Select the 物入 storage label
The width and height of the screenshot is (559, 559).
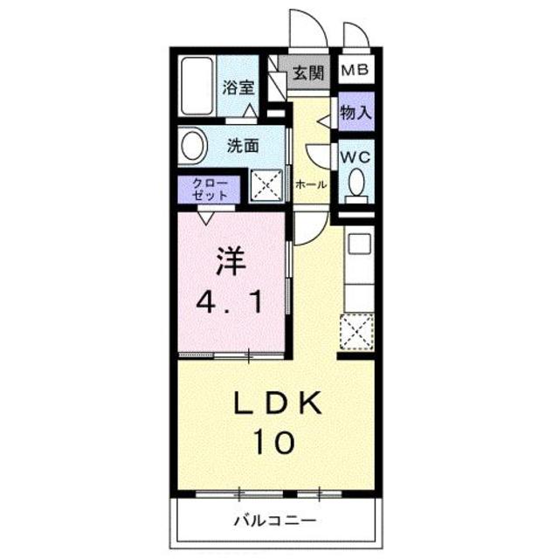(x=355, y=112)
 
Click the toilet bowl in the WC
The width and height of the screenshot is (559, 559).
(x=356, y=183)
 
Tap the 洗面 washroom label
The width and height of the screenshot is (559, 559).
(x=243, y=146)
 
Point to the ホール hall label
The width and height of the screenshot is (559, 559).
(x=311, y=185)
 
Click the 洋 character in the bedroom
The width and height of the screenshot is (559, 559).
(x=231, y=262)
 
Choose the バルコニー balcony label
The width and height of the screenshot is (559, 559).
(x=273, y=521)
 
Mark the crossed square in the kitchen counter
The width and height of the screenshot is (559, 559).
(x=356, y=332)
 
